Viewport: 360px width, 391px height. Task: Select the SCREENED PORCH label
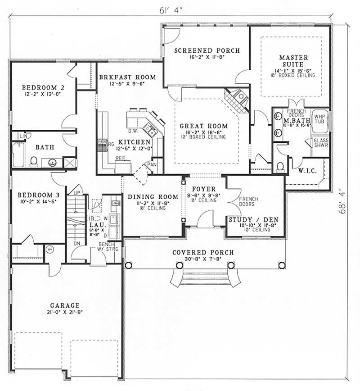click(x=207, y=50)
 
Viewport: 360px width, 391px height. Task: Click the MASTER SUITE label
click(x=293, y=61)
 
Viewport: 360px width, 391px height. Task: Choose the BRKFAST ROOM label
click(x=127, y=77)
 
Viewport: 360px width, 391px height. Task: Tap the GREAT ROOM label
click(x=203, y=126)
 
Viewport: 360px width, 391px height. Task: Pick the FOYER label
click(x=203, y=189)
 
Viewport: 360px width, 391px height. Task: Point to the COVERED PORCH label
click(x=203, y=253)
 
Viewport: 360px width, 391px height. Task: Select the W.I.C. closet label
click(x=308, y=171)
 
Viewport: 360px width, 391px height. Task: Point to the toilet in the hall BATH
click(x=33, y=161)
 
